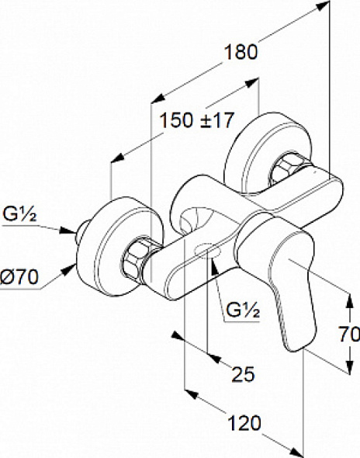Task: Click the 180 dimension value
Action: click(241, 52)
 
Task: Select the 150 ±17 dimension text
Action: click(197, 120)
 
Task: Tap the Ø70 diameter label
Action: click(19, 276)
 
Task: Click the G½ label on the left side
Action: click(19, 214)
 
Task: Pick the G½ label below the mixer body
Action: click(243, 310)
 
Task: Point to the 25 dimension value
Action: click(243, 374)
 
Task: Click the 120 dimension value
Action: click(244, 423)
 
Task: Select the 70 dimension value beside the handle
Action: click(349, 334)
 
